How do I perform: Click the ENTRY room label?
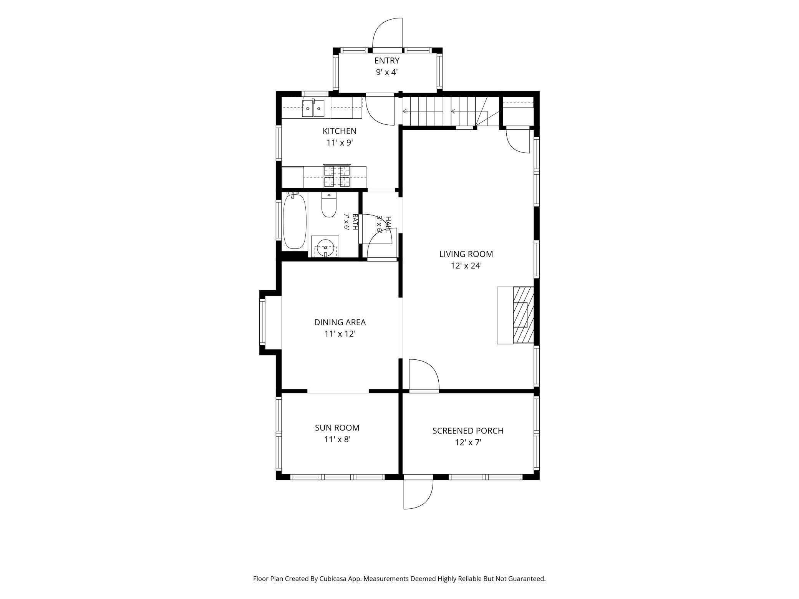pyautogui.click(x=387, y=61)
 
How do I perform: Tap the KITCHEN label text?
pyautogui.click(x=340, y=131)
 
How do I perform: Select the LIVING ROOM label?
pyautogui.click(x=466, y=254)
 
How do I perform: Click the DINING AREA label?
pyautogui.click(x=340, y=322)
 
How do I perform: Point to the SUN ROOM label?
pyautogui.click(x=337, y=428)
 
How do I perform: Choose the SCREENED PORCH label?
pyautogui.click(x=468, y=431)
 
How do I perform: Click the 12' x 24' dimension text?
pyautogui.click(x=466, y=266)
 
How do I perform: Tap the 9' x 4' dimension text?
pyautogui.click(x=387, y=72)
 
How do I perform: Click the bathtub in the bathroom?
pyautogui.click(x=295, y=222)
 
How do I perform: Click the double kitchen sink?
pyautogui.click(x=313, y=108)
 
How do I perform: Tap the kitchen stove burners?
pyautogui.click(x=337, y=176)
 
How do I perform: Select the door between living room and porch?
pyautogui.click(x=424, y=376)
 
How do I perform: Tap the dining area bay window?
pyautogui.click(x=263, y=322)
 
